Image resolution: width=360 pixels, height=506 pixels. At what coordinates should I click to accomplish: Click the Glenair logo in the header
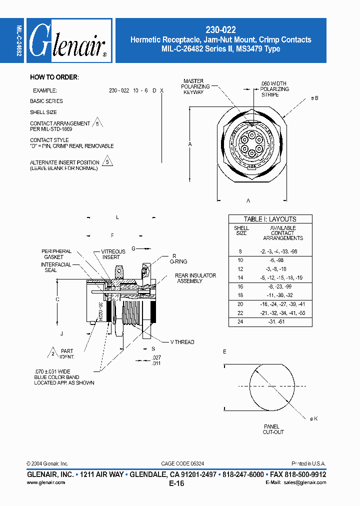(68, 40)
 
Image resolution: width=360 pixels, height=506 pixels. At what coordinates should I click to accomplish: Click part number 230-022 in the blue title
(220, 30)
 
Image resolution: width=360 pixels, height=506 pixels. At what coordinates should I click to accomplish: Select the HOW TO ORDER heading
(54, 77)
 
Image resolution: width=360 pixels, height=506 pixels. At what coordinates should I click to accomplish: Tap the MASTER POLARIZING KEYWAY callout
(193, 86)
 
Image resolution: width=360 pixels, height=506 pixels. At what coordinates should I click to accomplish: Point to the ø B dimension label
(314, 98)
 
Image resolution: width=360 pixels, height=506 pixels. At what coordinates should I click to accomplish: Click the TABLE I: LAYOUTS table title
(270, 219)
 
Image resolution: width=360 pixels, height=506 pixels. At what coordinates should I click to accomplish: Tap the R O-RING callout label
(178, 258)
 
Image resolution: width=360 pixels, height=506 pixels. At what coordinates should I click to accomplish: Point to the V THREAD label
(182, 342)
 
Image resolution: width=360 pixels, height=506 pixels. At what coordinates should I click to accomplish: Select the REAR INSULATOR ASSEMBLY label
(195, 278)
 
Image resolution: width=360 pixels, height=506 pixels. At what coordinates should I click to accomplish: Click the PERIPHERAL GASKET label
(56, 254)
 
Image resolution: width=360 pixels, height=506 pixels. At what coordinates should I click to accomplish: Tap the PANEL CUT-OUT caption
(273, 429)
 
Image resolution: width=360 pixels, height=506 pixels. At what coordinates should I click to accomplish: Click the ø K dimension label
(313, 419)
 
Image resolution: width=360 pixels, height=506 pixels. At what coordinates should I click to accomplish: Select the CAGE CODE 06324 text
(182, 463)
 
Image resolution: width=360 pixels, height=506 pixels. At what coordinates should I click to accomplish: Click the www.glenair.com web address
(45, 482)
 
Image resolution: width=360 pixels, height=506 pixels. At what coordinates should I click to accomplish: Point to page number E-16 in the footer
(176, 483)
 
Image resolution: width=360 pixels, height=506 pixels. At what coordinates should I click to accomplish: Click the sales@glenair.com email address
(304, 482)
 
